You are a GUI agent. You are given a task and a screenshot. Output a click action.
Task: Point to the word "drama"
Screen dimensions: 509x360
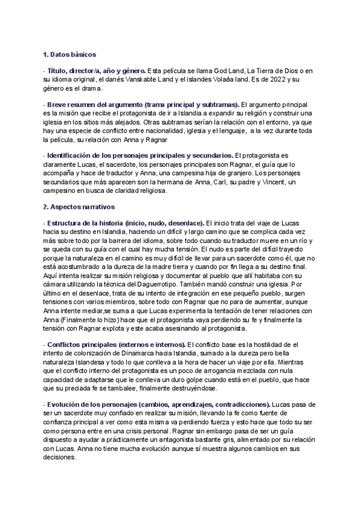click(x=89, y=88)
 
